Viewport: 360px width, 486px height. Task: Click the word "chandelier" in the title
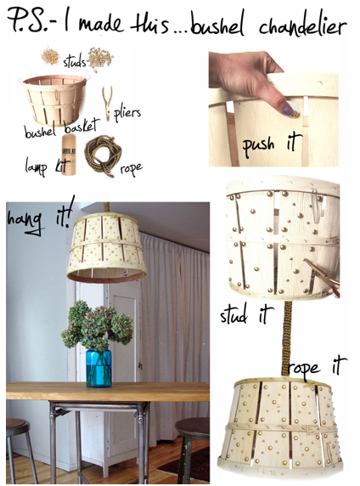(302, 25)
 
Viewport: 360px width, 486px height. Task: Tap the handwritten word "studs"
(75, 62)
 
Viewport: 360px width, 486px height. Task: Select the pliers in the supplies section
(107, 103)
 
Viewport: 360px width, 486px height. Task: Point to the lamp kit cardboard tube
(69, 155)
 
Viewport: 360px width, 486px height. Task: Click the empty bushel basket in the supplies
(54, 99)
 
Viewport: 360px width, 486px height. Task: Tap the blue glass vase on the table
(98, 368)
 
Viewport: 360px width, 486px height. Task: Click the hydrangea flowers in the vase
(98, 325)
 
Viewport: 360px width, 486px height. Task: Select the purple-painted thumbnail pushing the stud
(288, 110)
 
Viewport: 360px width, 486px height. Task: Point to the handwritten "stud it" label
(246, 314)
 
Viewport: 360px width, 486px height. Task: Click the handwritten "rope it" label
(318, 366)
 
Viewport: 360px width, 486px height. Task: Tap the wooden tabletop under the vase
(108, 392)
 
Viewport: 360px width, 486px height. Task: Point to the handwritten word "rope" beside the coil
(132, 168)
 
